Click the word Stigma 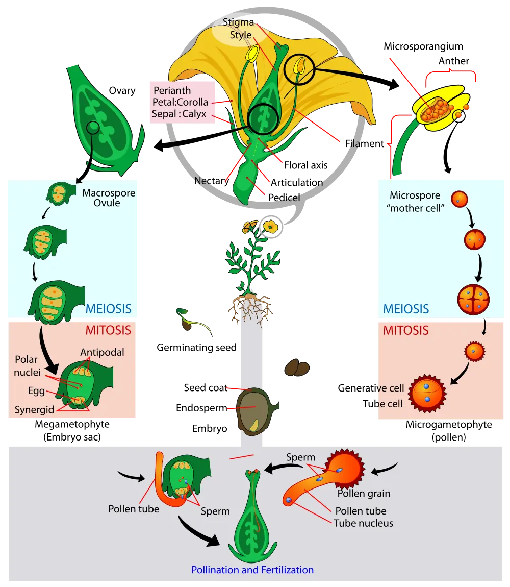tap(238, 22)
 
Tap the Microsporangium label tap(423, 46)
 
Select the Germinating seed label tap(196, 348)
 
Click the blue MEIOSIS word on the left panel tap(109, 309)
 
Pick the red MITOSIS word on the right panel tap(406, 330)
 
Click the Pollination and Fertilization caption tap(252, 570)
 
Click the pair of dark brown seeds tap(297, 368)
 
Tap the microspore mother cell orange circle tap(460, 199)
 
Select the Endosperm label tap(201, 408)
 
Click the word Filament tap(365, 144)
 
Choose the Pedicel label tap(284, 198)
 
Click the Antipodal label tap(102, 352)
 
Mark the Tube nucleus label tap(363, 523)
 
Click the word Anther tap(453, 61)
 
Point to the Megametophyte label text tap(72, 425)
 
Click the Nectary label tap(212, 181)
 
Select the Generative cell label tap(371, 388)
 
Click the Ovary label tap(122, 91)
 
